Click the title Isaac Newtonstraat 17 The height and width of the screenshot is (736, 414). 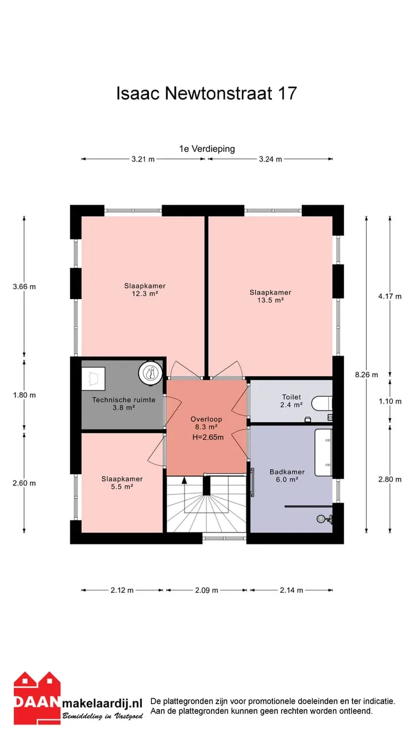pos(206,93)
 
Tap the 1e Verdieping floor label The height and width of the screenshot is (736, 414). pos(207,149)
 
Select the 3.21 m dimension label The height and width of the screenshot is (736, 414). pos(143,159)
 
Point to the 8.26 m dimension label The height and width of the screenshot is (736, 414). pos(366,374)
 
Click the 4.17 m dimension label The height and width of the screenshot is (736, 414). pos(390,296)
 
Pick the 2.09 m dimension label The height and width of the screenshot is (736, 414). pos(206,590)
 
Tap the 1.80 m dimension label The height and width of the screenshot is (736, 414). pos(24,395)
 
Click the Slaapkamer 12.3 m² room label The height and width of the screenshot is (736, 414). pos(145,290)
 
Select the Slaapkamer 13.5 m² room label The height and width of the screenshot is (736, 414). pos(270,296)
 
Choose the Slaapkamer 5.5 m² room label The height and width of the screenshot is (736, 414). pos(122,483)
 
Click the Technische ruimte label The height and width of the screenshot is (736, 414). pos(124,400)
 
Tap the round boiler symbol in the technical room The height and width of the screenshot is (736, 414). pos(151,373)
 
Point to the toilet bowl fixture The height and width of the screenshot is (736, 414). pos(321,404)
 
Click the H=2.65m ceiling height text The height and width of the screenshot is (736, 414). pos(208,438)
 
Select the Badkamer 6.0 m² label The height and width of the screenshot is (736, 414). pos(287,476)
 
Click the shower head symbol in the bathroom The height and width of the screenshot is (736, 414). pos(324,519)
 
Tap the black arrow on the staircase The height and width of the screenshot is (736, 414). pos(185,480)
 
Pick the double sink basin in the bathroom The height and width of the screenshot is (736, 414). pos(323,453)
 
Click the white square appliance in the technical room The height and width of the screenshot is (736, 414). pos(93,379)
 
